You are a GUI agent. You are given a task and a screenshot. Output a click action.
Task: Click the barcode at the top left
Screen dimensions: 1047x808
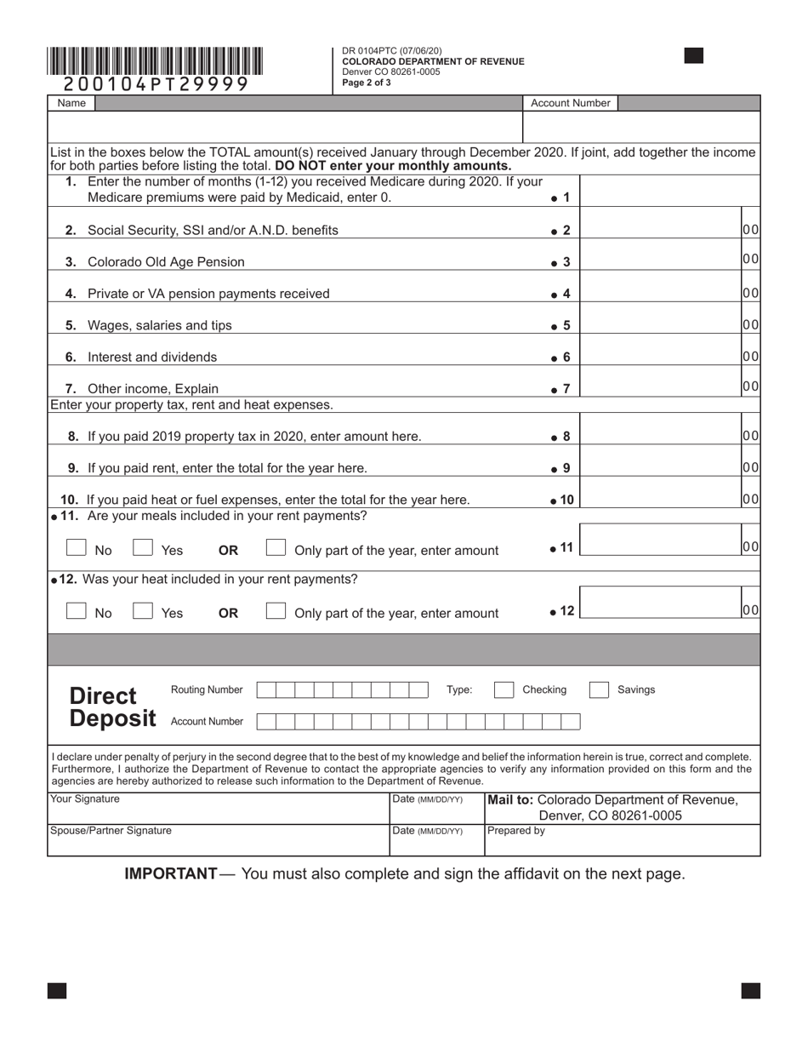(x=155, y=61)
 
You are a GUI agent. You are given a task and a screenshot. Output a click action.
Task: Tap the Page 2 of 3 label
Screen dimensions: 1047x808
(x=367, y=83)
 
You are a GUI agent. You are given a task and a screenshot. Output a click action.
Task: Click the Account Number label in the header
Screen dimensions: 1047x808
(x=570, y=103)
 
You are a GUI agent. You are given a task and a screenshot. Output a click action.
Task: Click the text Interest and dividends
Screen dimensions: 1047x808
(x=152, y=358)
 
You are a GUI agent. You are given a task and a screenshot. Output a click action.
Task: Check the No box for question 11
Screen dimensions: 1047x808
(x=77, y=548)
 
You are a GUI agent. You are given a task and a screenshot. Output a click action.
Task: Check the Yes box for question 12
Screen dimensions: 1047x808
(x=143, y=611)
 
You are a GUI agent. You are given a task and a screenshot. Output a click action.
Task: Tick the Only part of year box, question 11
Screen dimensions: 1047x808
(x=276, y=548)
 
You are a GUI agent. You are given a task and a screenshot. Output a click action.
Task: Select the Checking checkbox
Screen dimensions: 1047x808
(x=504, y=689)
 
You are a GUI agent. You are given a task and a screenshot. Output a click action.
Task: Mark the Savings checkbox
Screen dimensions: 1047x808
(x=599, y=689)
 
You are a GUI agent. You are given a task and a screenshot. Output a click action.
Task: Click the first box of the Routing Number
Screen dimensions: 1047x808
(x=265, y=689)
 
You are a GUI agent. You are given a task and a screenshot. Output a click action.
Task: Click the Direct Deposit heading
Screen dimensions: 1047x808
(x=111, y=707)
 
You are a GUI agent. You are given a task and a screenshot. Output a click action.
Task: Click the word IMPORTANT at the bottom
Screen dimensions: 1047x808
(x=171, y=874)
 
